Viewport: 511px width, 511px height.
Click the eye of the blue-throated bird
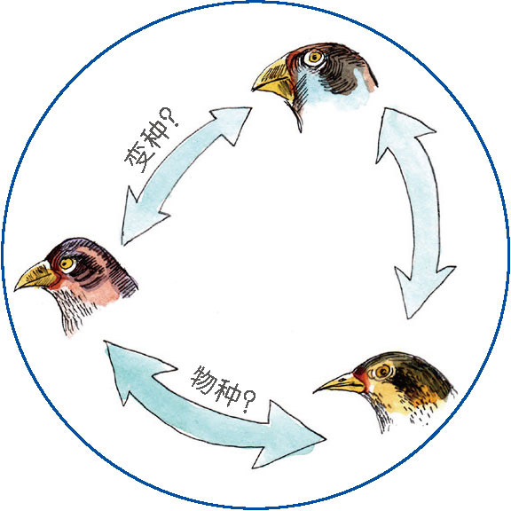[x=314, y=58]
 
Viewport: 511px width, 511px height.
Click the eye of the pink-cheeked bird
[x=67, y=263]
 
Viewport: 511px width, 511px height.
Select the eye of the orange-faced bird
[x=382, y=371]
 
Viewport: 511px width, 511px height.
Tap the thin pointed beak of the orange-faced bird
[x=339, y=384]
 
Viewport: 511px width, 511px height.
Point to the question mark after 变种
[x=170, y=117]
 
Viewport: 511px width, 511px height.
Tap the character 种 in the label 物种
[x=227, y=391]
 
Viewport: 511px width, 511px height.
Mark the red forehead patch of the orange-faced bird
[x=360, y=374]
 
